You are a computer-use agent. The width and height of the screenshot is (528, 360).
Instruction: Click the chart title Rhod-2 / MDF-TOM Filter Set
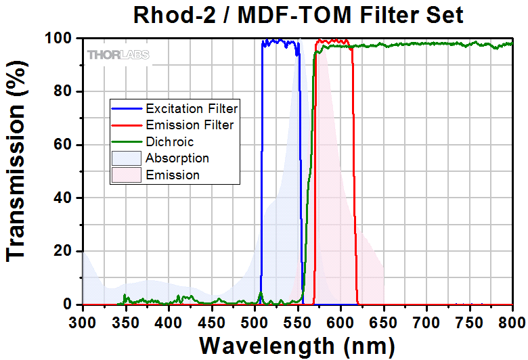point(297,14)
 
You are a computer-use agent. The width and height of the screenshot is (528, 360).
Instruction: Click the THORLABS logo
point(118,55)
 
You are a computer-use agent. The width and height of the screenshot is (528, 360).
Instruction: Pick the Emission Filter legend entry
point(190,125)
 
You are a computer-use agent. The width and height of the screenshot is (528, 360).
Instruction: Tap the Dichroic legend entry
point(169,141)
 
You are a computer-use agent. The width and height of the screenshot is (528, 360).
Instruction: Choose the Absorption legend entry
point(177,158)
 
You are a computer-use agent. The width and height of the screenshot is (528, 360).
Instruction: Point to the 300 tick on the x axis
point(82,320)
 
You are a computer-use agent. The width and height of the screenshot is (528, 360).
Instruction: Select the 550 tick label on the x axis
point(297,320)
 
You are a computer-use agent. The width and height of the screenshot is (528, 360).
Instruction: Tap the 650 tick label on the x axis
point(384,320)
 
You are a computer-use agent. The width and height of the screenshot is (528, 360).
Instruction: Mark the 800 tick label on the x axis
point(512,320)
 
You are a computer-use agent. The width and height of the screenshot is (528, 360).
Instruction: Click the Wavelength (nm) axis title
point(297,345)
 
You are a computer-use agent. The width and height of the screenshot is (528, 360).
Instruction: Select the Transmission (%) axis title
point(18,172)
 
